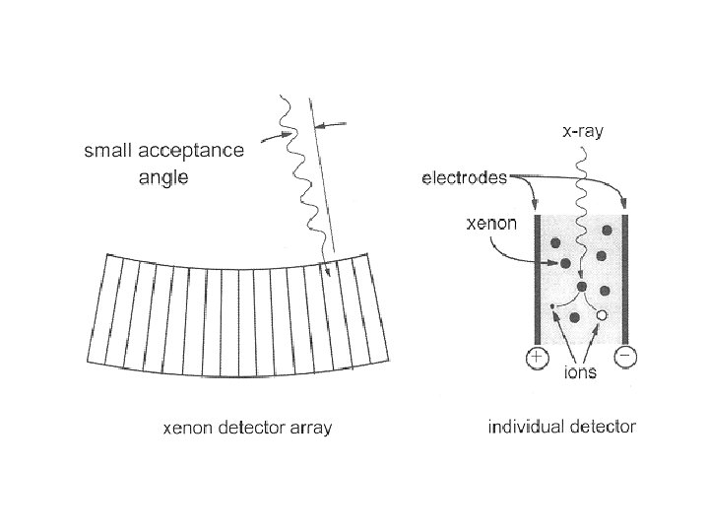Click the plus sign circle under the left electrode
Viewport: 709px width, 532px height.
pos(537,358)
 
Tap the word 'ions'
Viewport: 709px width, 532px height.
pos(579,373)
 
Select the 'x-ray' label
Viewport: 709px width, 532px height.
pos(583,130)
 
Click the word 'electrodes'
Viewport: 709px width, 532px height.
pos(465,178)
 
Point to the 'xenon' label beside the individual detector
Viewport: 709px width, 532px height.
pos(490,224)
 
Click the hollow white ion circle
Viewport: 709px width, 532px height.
pos(602,314)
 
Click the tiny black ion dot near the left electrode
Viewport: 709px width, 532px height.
pos(553,306)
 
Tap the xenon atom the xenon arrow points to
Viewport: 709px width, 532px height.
pos(565,264)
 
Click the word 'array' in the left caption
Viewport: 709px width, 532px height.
pos(312,428)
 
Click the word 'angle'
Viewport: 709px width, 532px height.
pos(161,177)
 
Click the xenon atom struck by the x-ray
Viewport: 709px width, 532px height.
pos(582,287)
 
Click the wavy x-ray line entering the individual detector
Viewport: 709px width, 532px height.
pos(581,197)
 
